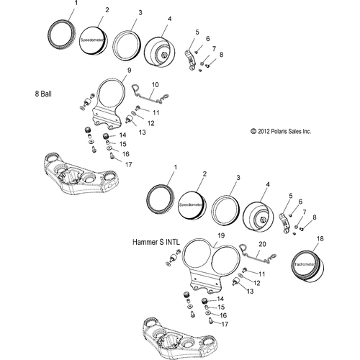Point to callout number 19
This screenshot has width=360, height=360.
pos(202,235)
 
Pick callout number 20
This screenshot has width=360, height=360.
pos(263,244)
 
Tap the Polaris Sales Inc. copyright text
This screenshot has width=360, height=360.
pos(280,132)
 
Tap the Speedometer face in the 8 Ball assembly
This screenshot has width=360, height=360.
pos(94,40)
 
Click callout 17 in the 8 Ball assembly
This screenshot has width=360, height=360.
pos(127,164)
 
